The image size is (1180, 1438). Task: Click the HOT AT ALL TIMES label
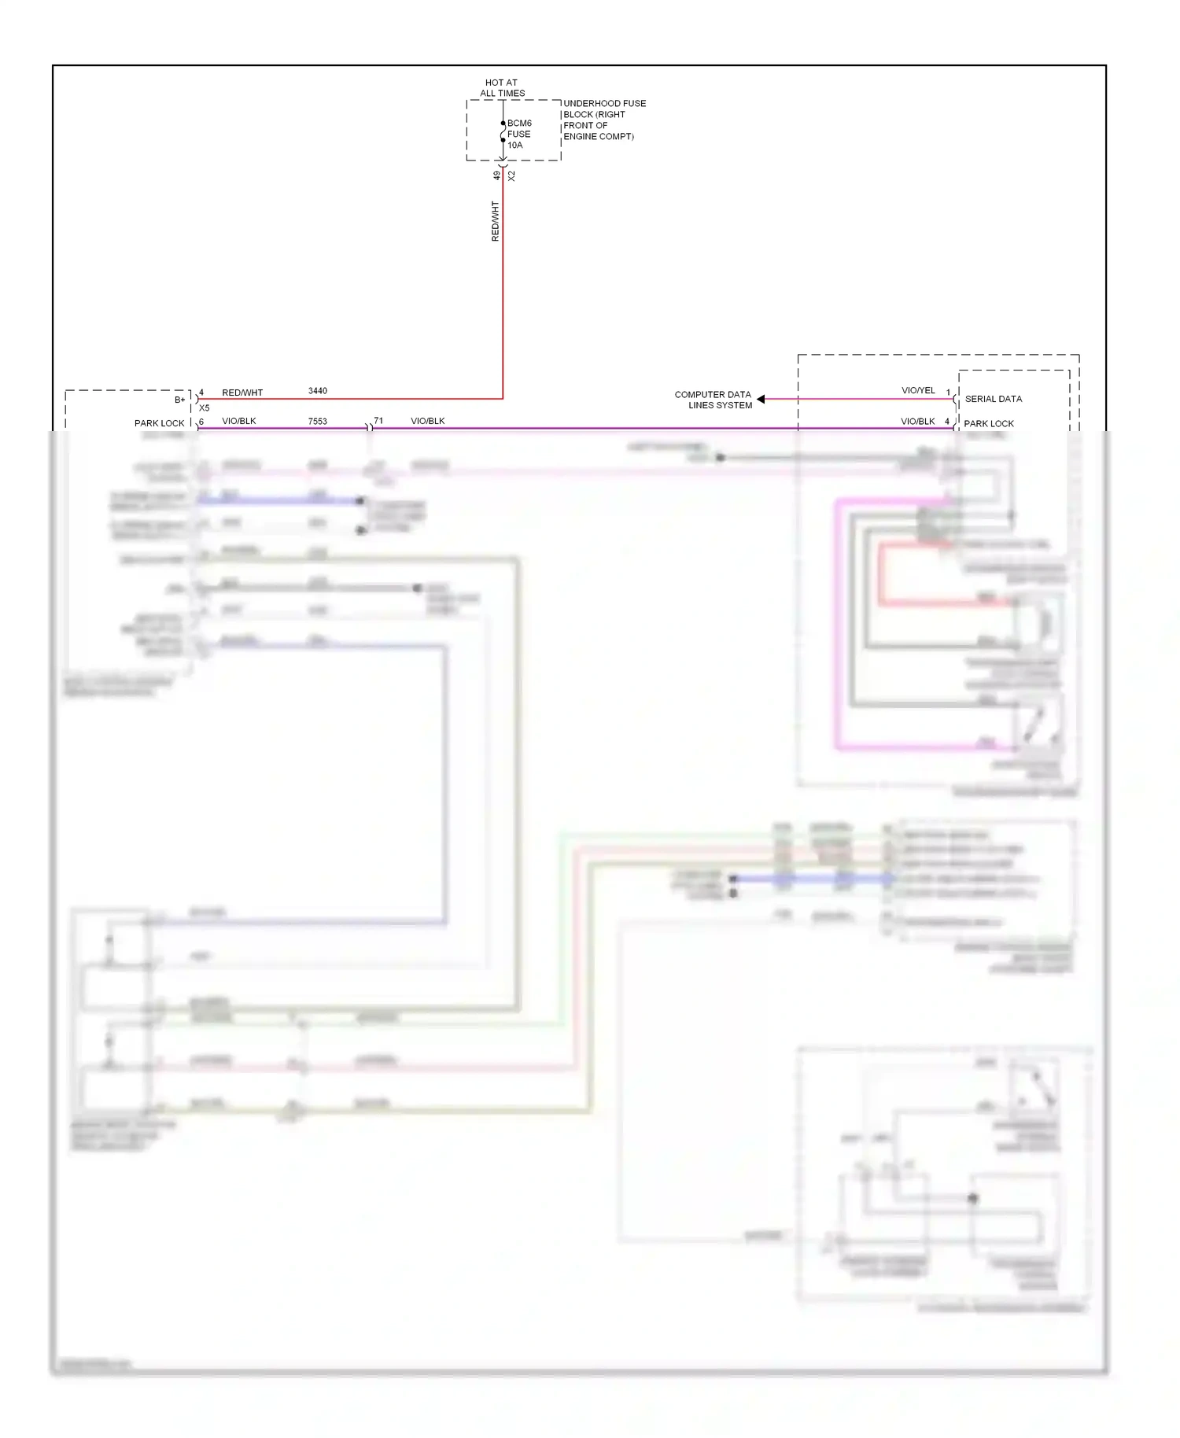pyautogui.click(x=502, y=87)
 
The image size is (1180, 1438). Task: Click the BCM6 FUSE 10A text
pyautogui.click(x=518, y=134)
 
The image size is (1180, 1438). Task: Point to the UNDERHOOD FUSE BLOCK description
pyautogui.click(x=603, y=120)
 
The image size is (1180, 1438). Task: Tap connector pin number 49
pyautogui.click(x=496, y=175)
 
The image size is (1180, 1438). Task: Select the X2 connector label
pyautogui.click(x=511, y=176)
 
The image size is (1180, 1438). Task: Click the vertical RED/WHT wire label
pyautogui.click(x=495, y=221)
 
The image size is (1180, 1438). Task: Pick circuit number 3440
pyautogui.click(x=317, y=391)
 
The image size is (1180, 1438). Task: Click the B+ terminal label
pyautogui.click(x=180, y=400)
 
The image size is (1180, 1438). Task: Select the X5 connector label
pyautogui.click(x=205, y=408)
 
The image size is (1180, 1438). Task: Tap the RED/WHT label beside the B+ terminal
pyautogui.click(x=242, y=393)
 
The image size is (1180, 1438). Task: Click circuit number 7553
pyautogui.click(x=317, y=422)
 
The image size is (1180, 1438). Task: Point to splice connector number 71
pyautogui.click(x=378, y=421)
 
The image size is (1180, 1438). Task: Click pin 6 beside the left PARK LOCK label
pyautogui.click(x=201, y=422)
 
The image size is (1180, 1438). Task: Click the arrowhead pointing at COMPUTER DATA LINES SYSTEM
pyautogui.click(x=761, y=399)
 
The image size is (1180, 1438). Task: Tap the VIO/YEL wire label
pyautogui.click(x=918, y=390)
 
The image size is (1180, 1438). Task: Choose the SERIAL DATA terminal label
pyautogui.click(x=993, y=399)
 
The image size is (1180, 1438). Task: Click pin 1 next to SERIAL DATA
pyautogui.click(x=948, y=392)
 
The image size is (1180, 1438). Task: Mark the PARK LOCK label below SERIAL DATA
pyautogui.click(x=989, y=423)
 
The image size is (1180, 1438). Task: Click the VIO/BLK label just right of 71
pyautogui.click(x=427, y=421)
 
